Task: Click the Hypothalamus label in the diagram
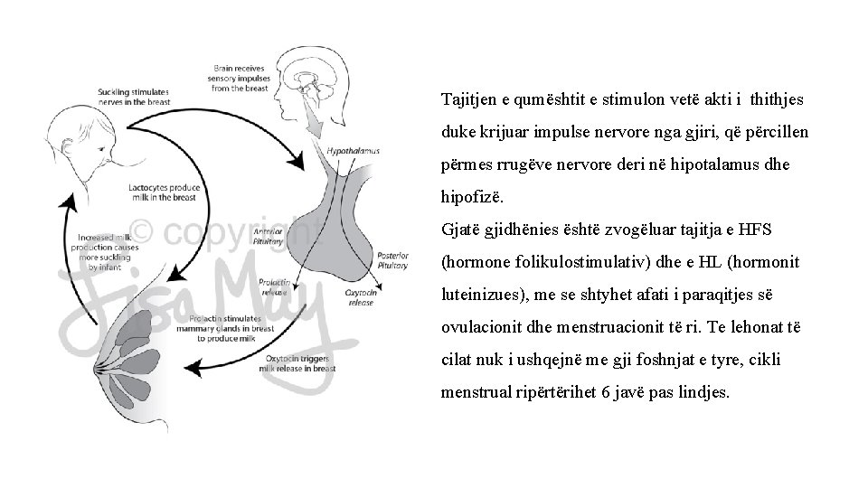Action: (353, 151)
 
